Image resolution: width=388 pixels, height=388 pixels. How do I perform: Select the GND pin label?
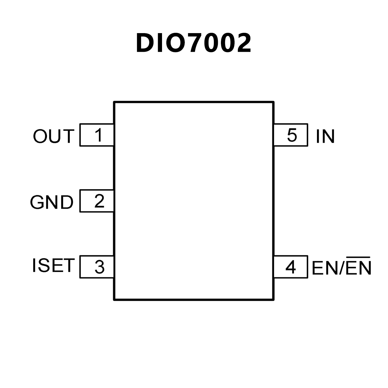[x=52, y=202]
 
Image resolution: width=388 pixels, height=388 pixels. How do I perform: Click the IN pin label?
[x=325, y=136]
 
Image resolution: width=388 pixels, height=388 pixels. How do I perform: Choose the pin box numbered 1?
[x=97, y=135]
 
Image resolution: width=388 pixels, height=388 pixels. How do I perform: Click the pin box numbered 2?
[x=97, y=201]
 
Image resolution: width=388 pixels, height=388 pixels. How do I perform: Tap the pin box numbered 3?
[x=97, y=267]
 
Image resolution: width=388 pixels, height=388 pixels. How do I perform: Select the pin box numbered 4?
[x=291, y=267]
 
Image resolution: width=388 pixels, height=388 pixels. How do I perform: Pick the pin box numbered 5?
[x=291, y=135]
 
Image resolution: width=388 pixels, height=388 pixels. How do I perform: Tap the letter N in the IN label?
[x=329, y=136]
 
